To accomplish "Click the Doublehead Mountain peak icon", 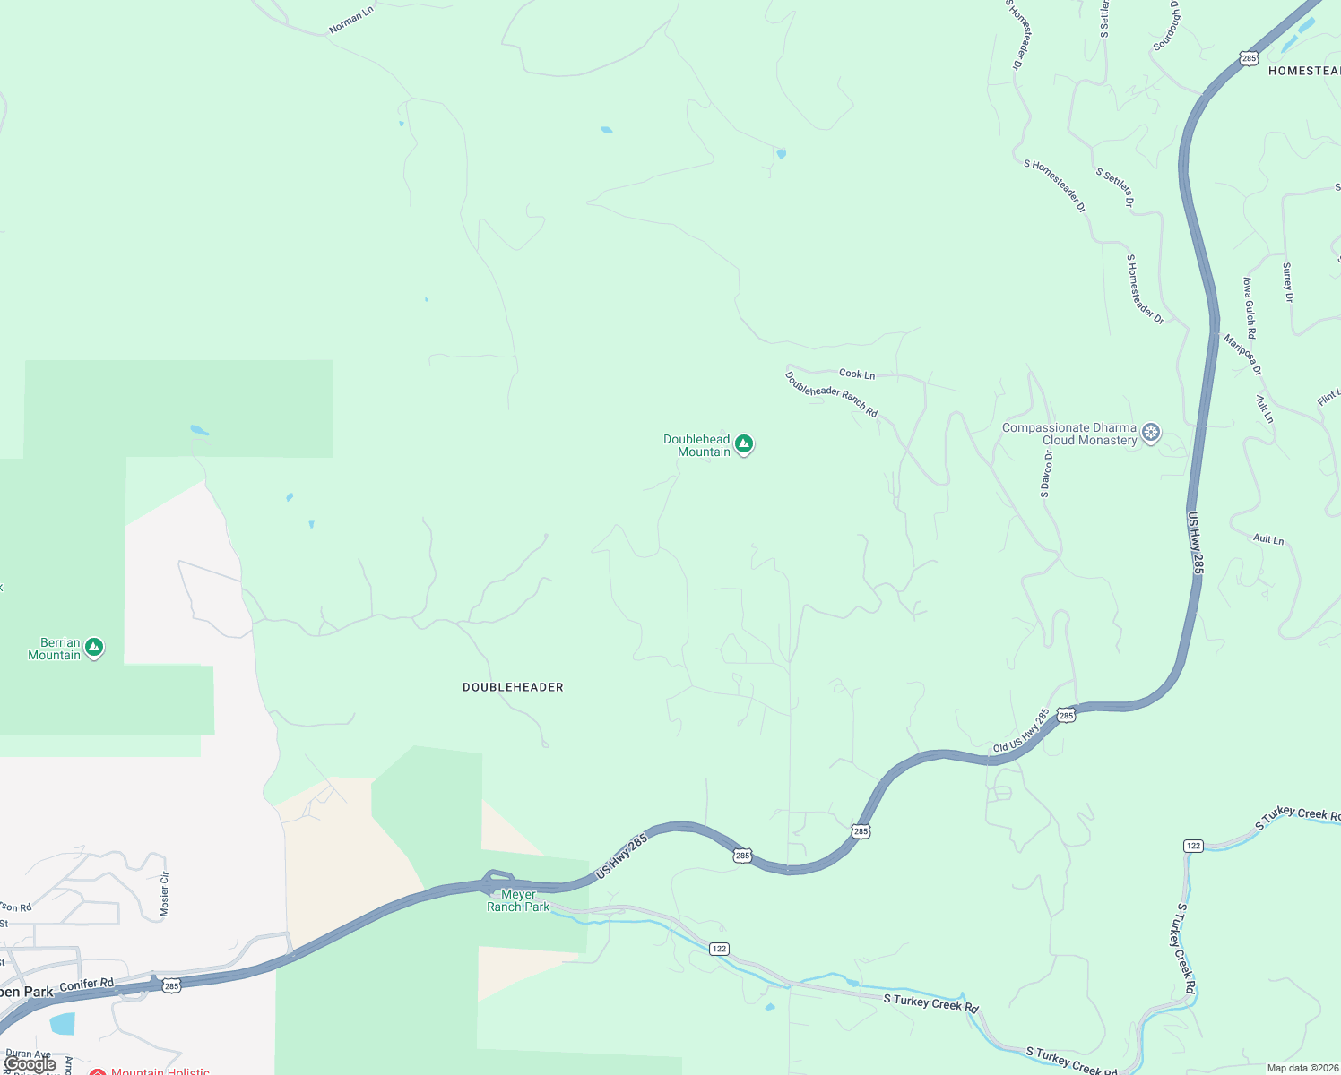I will tap(744, 443).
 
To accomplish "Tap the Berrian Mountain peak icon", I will tap(94, 647).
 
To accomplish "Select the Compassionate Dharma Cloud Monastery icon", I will tap(1151, 433).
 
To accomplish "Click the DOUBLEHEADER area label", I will tap(513, 687).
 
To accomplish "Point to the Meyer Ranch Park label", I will tap(518, 900).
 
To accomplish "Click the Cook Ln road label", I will tap(857, 374).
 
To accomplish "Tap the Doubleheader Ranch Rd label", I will tap(831, 394).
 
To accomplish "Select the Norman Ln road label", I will tap(350, 21).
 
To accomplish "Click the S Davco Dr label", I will tap(1046, 474).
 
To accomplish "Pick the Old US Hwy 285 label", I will tap(1021, 731).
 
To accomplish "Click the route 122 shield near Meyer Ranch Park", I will tap(718, 949).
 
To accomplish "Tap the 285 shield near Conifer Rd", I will tap(172, 985).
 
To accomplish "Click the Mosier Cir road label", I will tap(164, 894).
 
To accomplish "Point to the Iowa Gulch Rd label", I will tap(1250, 307).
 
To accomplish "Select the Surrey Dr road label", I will tap(1288, 282).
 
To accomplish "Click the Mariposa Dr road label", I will tap(1243, 355).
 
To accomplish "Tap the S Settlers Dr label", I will tap(1115, 187).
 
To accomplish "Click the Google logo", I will tap(30, 1064).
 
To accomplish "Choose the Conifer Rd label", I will tap(87, 985).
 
